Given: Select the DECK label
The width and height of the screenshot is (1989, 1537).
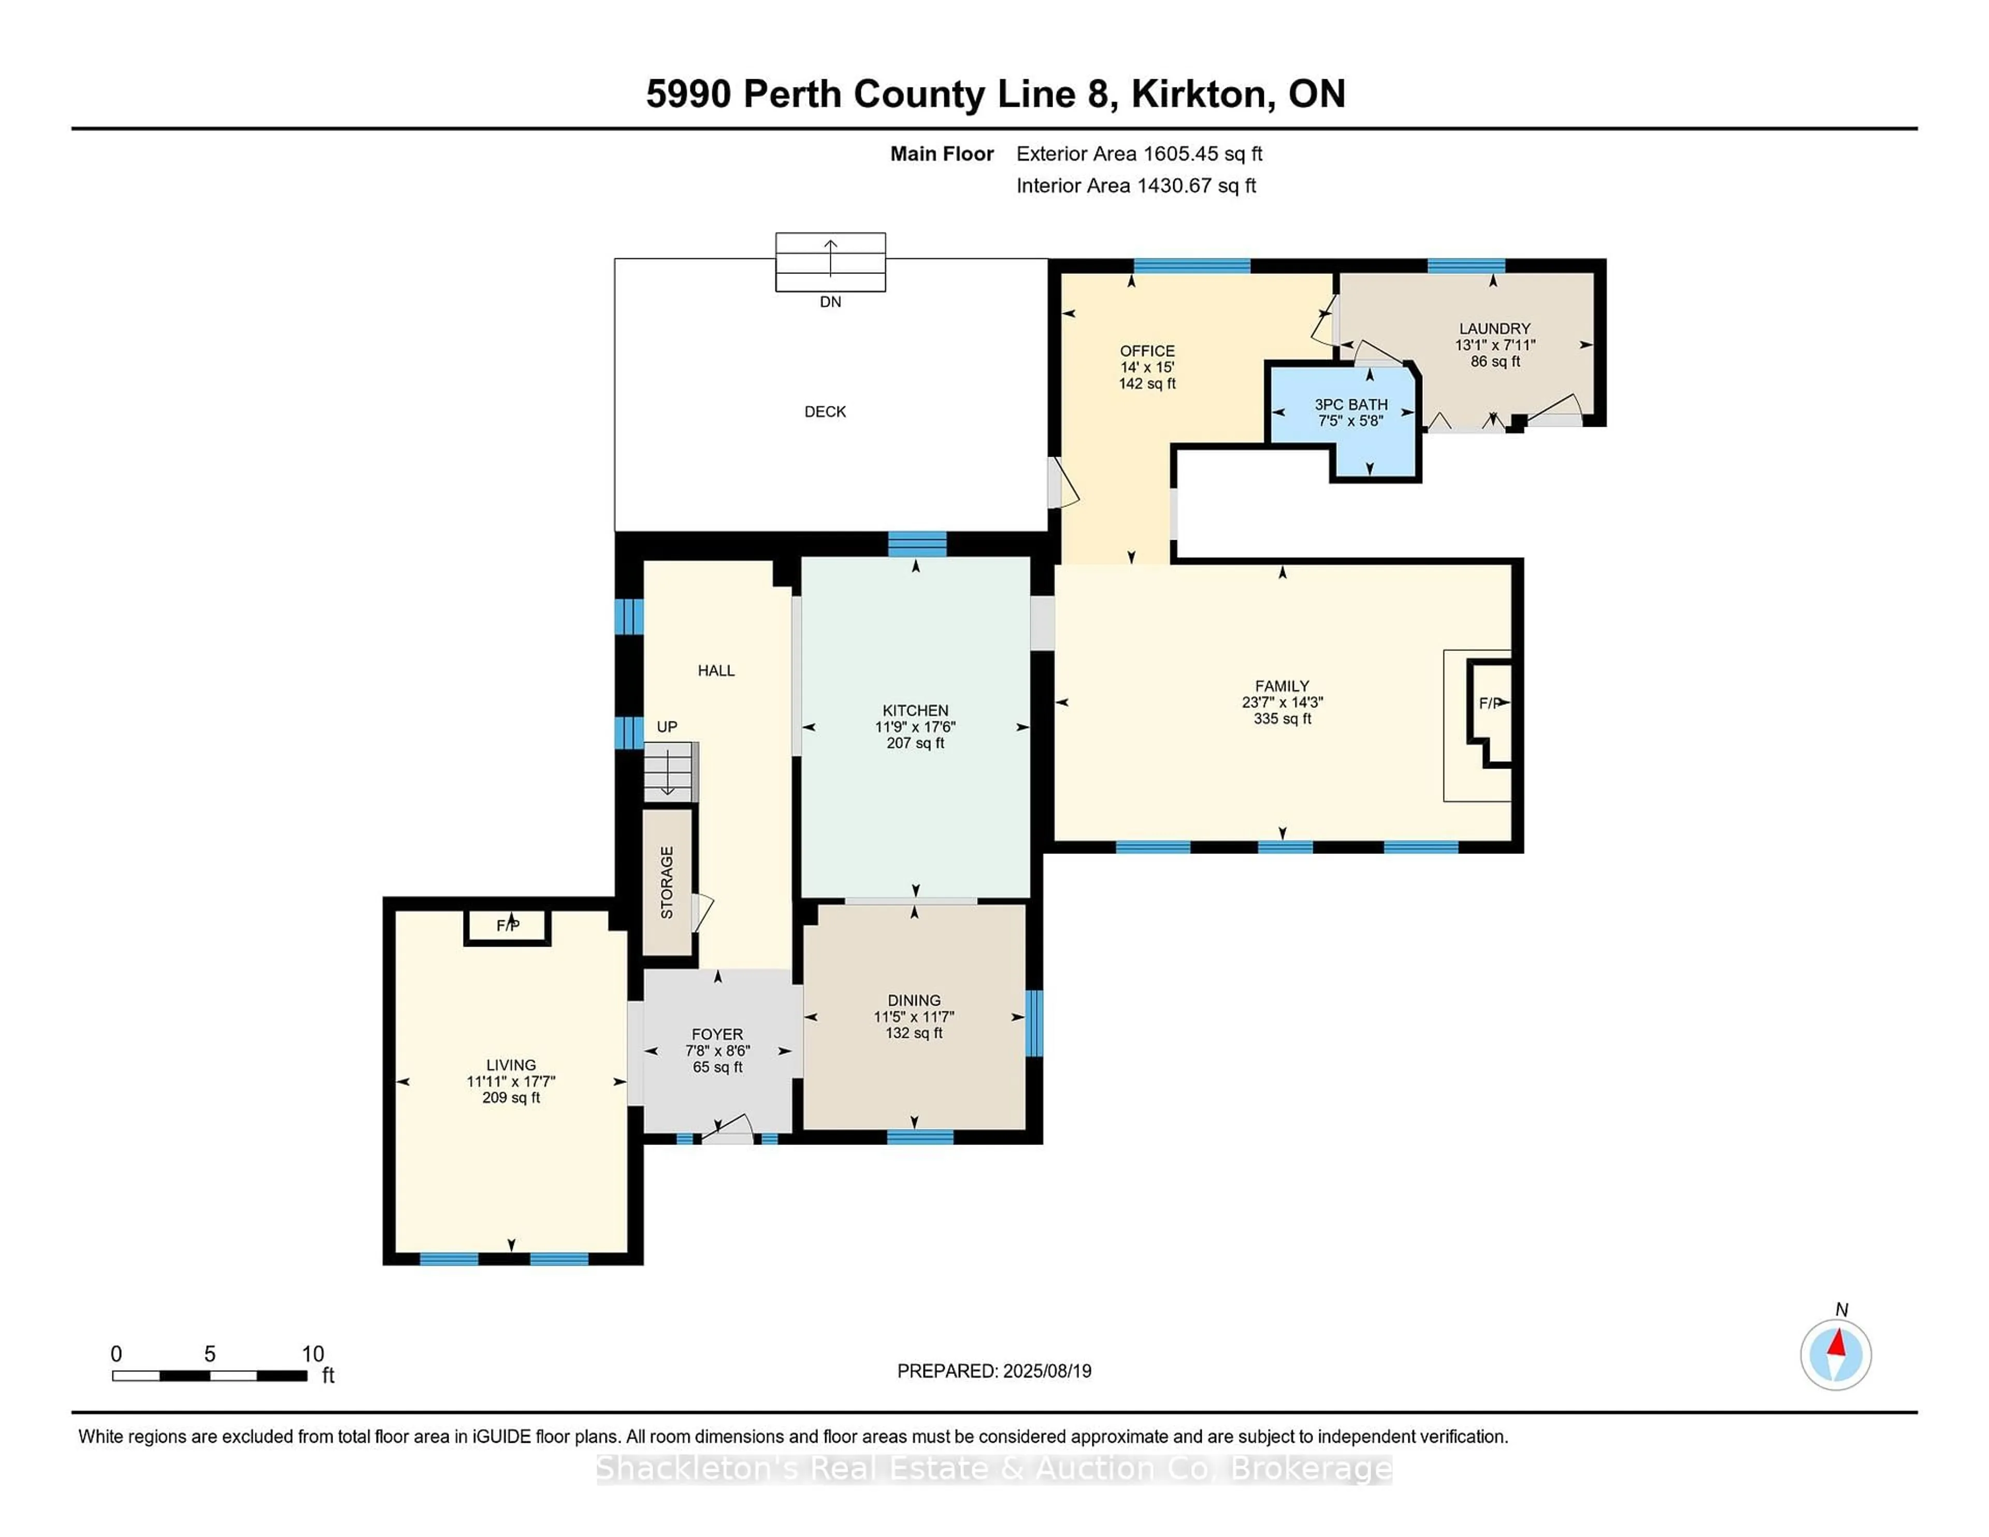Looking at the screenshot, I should point(825,412).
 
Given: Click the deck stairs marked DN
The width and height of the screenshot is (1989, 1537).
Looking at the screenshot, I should point(830,262).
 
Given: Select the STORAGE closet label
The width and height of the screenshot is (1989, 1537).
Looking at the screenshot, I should point(667,882).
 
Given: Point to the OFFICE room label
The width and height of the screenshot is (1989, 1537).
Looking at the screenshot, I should point(1147,351).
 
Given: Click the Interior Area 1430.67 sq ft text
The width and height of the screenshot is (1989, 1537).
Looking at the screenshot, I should point(1136,186).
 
